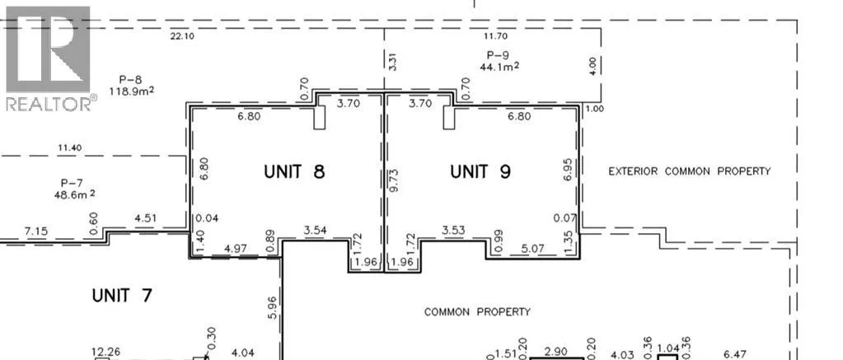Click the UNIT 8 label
tap(295, 171)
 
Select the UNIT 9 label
tap(480, 171)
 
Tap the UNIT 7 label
tap(122, 296)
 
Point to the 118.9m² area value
tap(132, 91)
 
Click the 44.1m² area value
tap(499, 66)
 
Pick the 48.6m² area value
tap(75, 194)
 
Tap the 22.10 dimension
tap(182, 36)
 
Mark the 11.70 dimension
tap(495, 36)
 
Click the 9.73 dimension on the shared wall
tap(394, 181)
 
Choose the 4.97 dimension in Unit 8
tap(235, 249)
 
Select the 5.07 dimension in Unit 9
tap(533, 249)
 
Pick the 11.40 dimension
tap(69, 147)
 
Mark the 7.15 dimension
tap(36, 231)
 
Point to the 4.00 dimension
tap(592, 66)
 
